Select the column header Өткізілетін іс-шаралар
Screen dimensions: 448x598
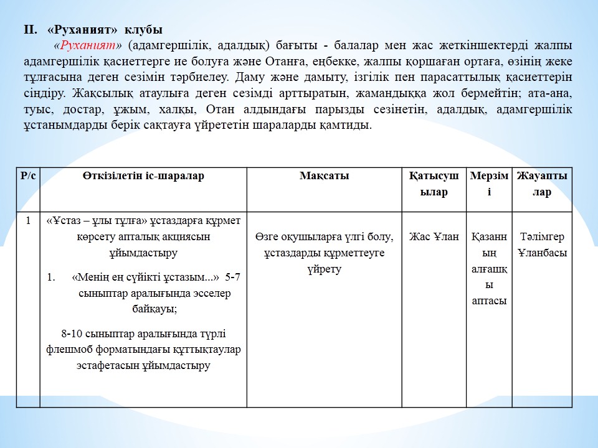(143, 176)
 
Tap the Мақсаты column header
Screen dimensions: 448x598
(324, 176)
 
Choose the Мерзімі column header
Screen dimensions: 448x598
(489, 184)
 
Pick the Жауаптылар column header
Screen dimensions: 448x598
(542, 184)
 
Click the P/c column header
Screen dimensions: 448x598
(28, 176)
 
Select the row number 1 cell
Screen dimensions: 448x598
(28, 220)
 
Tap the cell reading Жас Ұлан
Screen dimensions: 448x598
(434, 236)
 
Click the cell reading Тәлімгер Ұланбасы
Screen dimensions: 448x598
(542, 245)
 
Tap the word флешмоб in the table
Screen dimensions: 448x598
(66, 350)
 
